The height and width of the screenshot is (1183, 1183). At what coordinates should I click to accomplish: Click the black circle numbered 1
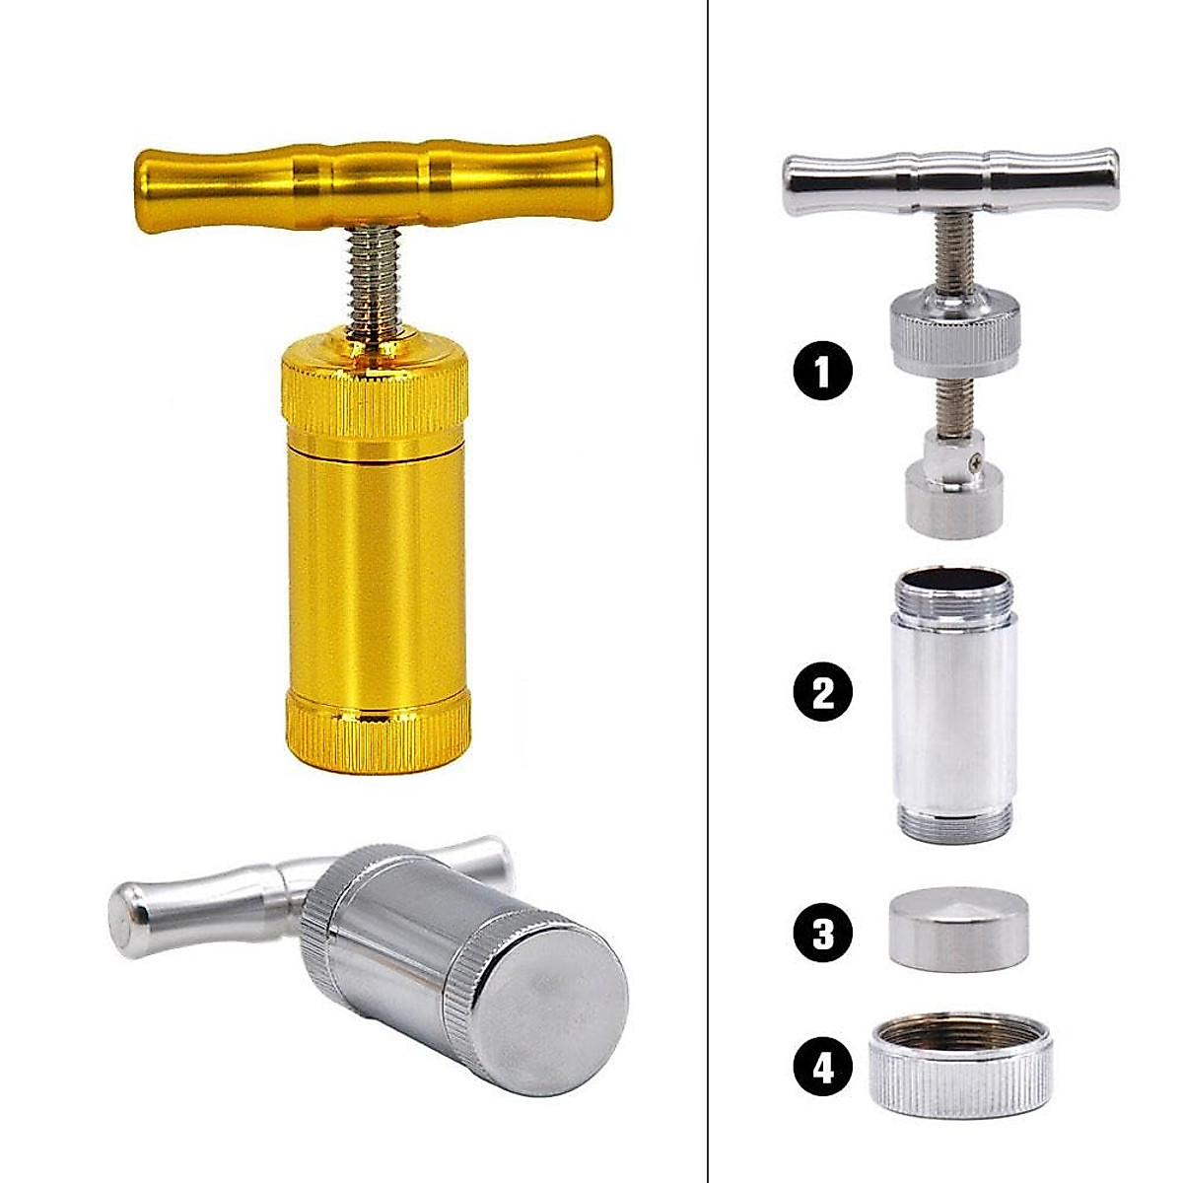821,371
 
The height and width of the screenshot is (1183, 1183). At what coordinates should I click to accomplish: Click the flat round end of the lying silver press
552,996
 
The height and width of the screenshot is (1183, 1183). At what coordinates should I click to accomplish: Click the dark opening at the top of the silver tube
952,583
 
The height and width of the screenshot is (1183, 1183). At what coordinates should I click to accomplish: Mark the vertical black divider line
708,591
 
